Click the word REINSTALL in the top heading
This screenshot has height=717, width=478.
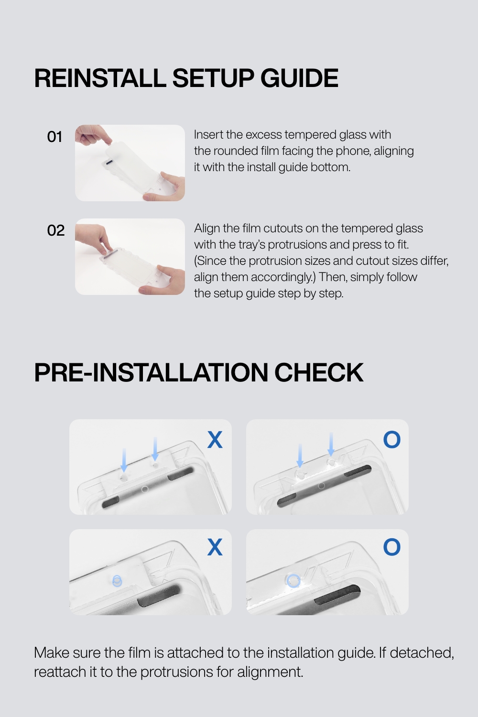100,78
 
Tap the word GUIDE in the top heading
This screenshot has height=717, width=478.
300,78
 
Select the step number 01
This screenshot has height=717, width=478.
54,137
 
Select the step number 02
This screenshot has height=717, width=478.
56,230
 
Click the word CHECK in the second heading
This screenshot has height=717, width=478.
319,372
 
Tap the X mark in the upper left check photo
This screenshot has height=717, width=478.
215,439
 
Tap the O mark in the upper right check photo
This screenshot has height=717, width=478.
392,439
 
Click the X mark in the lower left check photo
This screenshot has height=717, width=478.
215,547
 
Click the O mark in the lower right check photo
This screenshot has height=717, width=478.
392,547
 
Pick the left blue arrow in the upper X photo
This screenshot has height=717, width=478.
124,460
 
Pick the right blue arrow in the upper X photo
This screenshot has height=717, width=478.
155,449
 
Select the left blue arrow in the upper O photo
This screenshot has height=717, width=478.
300,455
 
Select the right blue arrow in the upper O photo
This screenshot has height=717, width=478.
331,444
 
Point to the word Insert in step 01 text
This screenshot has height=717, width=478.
208,135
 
